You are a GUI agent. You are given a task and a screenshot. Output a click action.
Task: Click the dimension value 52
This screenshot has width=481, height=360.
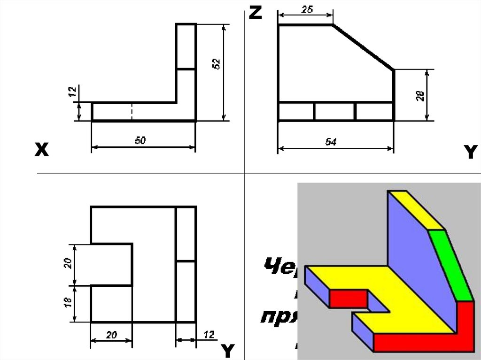point(217,64)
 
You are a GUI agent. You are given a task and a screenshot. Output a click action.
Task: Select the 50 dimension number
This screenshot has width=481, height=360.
point(140,140)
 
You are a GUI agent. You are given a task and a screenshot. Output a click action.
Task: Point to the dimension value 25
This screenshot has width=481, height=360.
point(307,9)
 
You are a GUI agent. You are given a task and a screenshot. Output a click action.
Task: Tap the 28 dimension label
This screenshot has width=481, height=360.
point(421,96)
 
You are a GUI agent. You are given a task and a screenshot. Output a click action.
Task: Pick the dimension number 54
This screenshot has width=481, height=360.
point(331,142)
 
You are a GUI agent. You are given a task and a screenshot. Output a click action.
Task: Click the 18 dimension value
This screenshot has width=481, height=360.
point(67,303)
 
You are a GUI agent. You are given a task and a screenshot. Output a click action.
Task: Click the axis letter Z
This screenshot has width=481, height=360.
point(255,13)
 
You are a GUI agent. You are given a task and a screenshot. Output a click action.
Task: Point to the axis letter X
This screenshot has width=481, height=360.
point(41,150)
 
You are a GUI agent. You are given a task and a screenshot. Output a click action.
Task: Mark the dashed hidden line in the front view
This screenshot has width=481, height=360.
point(132,112)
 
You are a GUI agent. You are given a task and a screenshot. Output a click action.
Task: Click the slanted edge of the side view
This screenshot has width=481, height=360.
point(363,47)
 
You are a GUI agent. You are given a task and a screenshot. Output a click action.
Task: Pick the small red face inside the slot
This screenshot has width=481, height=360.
point(348,298)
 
